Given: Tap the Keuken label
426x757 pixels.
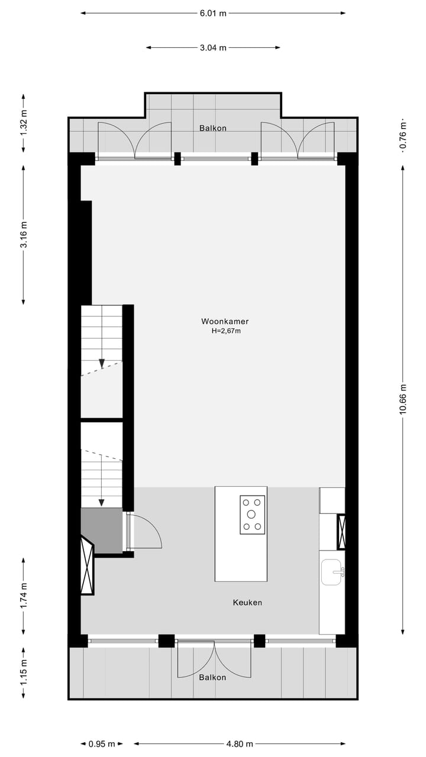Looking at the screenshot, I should coord(247,603).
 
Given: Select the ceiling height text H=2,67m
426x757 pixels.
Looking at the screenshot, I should coord(226,331).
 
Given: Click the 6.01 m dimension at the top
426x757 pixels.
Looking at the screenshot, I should coord(213,13).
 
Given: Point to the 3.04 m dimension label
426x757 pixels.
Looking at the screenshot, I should coord(213,48).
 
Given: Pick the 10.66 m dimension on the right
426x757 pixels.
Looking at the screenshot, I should coord(404,399).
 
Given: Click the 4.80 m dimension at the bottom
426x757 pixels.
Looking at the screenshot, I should coord(240,744).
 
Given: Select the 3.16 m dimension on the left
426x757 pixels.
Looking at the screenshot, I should coord(24,234).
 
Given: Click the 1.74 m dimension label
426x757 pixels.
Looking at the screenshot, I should coord(24,596).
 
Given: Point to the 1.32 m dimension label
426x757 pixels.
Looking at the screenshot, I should coord(24,123).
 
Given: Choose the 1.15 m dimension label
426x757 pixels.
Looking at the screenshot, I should coord(24,674).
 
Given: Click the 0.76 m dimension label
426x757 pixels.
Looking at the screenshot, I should coord(404,138).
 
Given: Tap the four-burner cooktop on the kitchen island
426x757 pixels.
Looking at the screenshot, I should coord(253,515).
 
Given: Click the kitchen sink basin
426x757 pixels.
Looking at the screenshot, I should coord(331,572).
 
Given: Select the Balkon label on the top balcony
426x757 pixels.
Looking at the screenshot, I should coord(212,128).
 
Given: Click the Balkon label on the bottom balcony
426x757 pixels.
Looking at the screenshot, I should coord(212,677).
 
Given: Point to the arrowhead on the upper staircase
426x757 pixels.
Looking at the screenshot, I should coord(102,364).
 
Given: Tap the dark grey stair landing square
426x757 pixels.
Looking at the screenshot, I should coord(101,530).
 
